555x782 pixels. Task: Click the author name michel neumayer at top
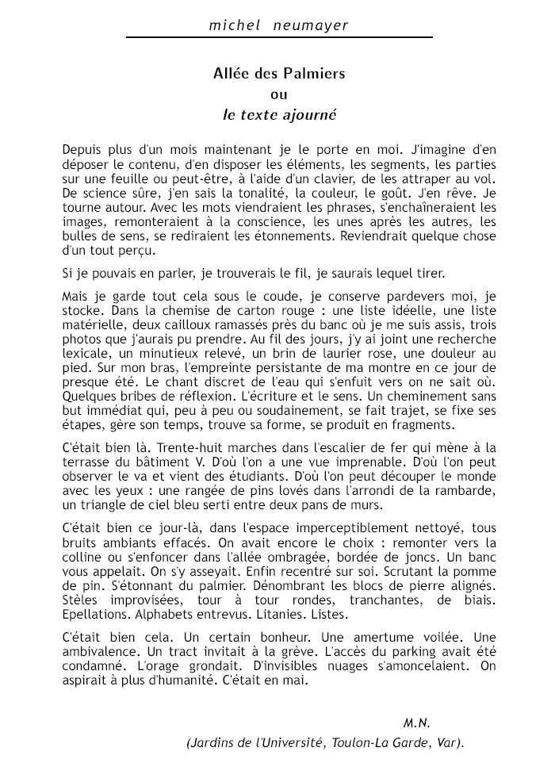click(278, 25)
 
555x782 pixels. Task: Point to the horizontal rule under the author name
click(278, 37)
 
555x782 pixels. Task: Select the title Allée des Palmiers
click(279, 74)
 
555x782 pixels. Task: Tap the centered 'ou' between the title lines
click(279, 94)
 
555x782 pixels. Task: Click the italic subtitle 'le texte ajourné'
click(279, 114)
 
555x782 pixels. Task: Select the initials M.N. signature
click(416, 723)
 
